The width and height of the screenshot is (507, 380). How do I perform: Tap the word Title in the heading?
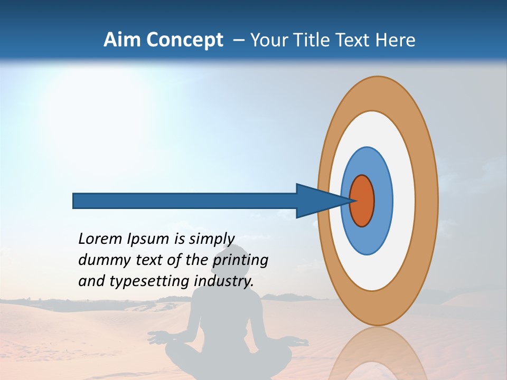314,40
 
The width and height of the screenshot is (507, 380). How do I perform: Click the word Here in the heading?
395,40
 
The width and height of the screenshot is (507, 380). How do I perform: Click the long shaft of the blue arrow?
185,201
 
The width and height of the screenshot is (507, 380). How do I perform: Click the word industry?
224,281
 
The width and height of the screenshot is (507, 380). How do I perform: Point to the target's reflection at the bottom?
378,356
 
